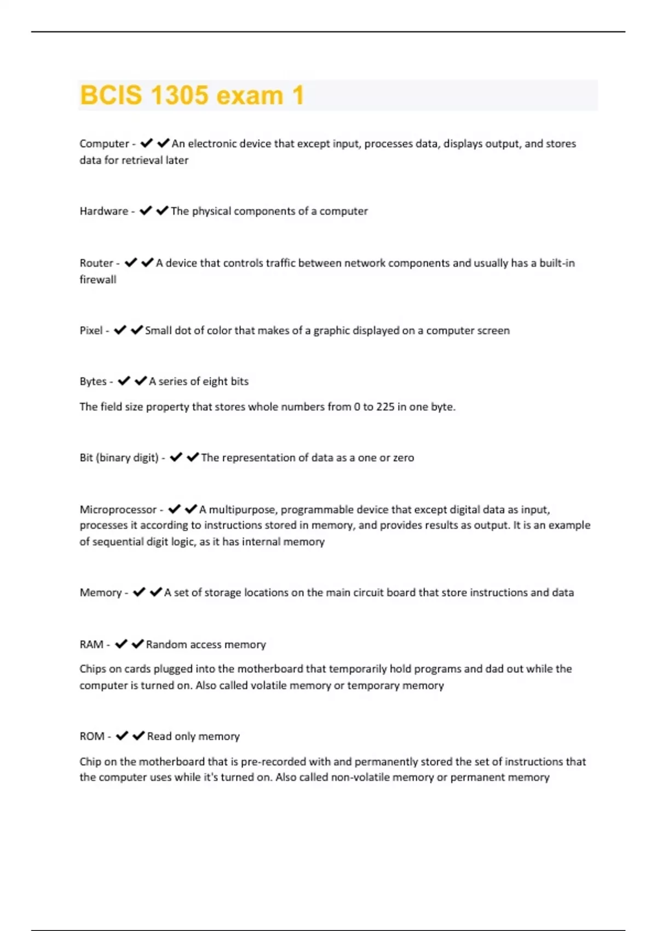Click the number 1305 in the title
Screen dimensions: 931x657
click(179, 95)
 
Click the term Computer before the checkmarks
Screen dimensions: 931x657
click(104, 143)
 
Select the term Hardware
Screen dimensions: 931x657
click(103, 211)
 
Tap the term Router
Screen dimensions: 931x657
click(96, 263)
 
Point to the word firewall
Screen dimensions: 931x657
click(98, 279)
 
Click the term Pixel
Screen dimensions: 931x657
click(91, 330)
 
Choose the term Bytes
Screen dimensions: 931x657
click(93, 381)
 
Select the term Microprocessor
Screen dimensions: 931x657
click(118, 509)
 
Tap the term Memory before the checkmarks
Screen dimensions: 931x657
click(100, 593)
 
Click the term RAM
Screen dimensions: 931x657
click(91, 645)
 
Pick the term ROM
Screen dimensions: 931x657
click(92, 736)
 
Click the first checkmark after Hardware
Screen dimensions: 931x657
click(145, 211)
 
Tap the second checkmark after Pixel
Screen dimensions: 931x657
click(137, 330)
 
